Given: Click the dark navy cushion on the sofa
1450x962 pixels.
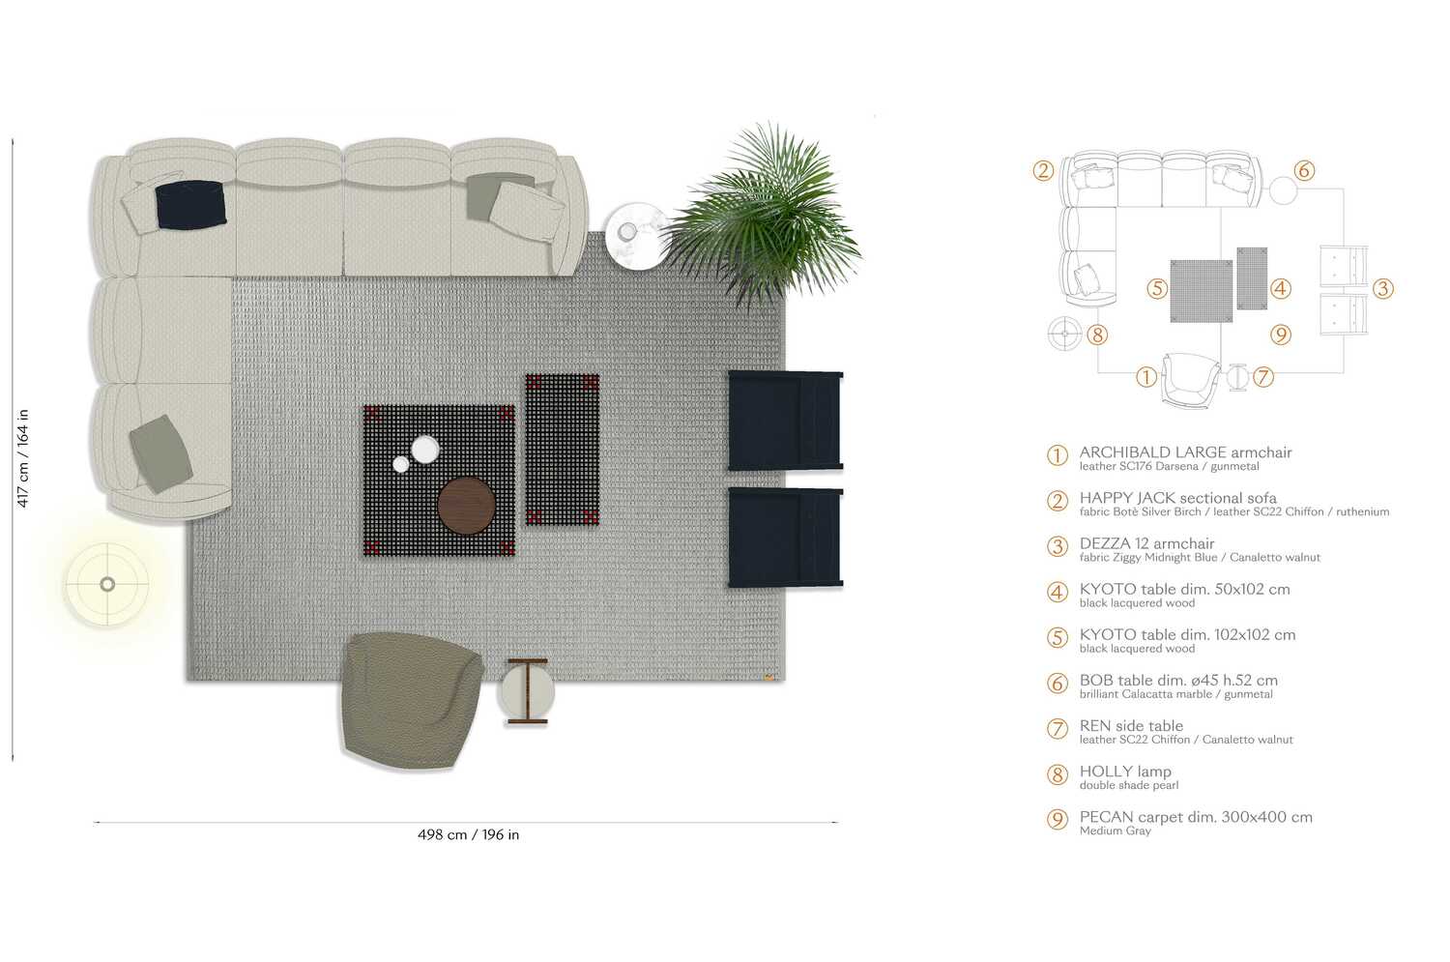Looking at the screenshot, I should click(x=191, y=204).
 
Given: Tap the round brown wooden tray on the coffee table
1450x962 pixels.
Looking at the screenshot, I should click(x=466, y=505).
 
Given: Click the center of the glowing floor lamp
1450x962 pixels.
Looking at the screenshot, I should click(x=107, y=584).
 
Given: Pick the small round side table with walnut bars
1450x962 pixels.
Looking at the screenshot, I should click(x=527, y=691).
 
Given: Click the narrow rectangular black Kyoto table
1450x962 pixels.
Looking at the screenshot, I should click(x=562, y=450).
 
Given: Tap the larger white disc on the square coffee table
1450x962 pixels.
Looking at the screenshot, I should click(x=425, y=449).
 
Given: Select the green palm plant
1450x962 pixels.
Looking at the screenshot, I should click(x=764, y=218).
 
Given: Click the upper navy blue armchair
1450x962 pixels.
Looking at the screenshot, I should click(x=785, y=421).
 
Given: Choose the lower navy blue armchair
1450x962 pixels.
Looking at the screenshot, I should click(x=785, y=538).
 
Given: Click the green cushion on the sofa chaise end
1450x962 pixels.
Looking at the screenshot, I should click(x=160, y=453).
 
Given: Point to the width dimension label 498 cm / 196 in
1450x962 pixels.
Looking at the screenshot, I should click(x=468, y=834).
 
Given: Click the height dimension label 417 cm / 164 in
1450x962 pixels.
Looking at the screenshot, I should click(x=23, y=457).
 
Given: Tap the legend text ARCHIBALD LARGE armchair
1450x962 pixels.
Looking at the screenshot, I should click(x=1185, y=452).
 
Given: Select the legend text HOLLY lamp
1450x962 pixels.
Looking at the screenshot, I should click(x=1125, y=772).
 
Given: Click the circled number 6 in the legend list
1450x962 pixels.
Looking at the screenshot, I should click(x=1058, y=683).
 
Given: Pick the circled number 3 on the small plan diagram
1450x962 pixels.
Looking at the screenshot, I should click(x=1382, y=288).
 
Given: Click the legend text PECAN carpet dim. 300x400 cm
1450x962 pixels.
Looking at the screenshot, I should click(x=1196, y=817).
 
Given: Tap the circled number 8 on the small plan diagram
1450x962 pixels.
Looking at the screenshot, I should click(x=1096, y=335).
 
